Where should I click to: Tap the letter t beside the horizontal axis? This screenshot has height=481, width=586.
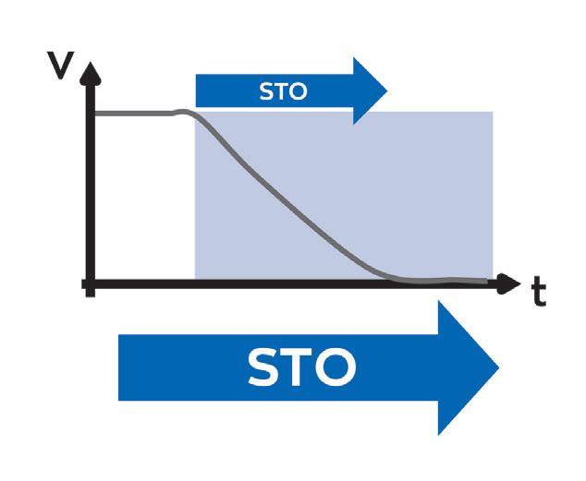(538, 293)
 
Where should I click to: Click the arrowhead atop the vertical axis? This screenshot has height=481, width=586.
(89, 73)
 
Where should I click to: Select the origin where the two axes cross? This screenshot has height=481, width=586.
(90, 284)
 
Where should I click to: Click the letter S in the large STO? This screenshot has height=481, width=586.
(268, 367)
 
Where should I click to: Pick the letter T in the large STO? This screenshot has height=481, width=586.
(301, 367)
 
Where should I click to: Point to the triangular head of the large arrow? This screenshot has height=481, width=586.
(467, 367)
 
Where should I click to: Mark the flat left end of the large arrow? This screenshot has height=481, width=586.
(120, 367)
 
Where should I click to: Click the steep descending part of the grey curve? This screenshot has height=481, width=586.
(277, 189)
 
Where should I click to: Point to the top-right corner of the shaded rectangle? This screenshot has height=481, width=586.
(492, 113)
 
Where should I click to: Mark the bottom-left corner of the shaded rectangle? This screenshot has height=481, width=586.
(195, 279)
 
